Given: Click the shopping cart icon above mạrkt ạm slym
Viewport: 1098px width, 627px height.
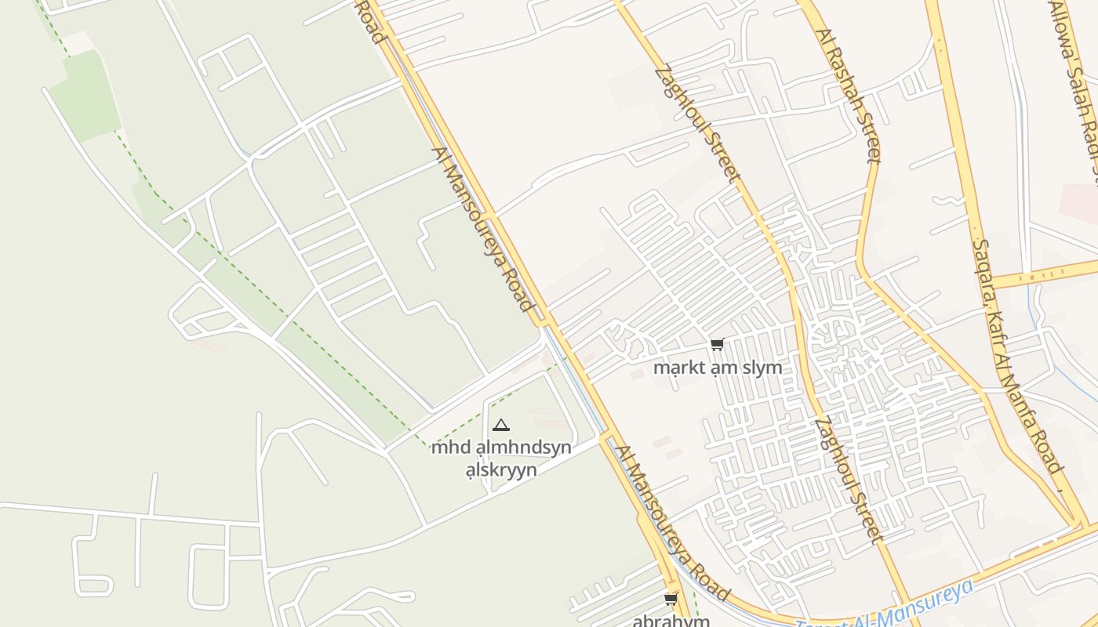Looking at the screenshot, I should pos(717,344).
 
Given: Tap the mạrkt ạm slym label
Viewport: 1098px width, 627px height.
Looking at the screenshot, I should pos(718,368).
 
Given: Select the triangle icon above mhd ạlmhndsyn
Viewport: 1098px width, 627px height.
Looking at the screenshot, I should pos(501,426).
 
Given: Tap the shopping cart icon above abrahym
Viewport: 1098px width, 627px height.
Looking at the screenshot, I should pos(671,600).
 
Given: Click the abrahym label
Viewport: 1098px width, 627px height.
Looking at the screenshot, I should pos(671,621).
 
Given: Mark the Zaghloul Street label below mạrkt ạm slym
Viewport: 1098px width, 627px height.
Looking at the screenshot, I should pos(849,480).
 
